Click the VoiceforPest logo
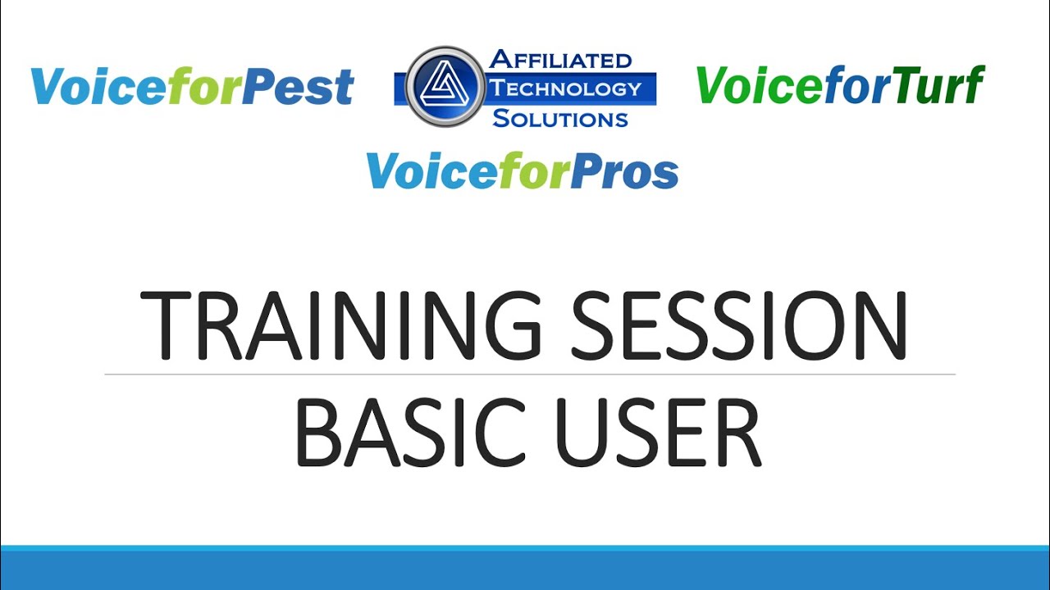[x=192, y=86]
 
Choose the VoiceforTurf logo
[x=839, y=84]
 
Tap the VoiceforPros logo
[x=523, y=170]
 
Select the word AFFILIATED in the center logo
[x=560, y=60]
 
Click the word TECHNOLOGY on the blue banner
[x=566, y=88]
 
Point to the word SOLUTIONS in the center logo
[x=560, y=118]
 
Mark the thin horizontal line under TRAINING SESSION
[x=530, y=374]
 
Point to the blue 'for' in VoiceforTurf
[x=849, y=84]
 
